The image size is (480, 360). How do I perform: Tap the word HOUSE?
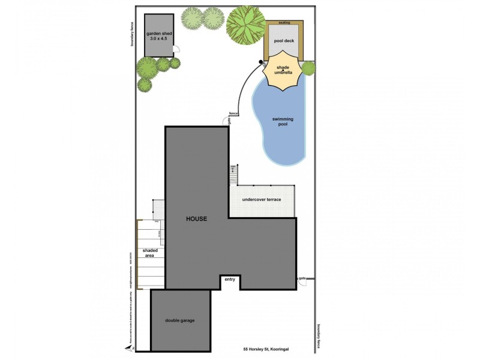[196, 219]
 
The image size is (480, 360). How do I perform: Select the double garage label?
[180, 320]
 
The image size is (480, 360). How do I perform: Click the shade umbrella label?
[283, 70]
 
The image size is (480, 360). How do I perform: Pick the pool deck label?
[284, 41]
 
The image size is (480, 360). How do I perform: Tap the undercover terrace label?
[262, 199]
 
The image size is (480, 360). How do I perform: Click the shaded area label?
[149, 253]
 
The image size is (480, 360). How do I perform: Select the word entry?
[230, 280]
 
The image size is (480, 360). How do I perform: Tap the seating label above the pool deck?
[284, 22]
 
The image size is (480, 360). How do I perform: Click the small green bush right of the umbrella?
[308, 68]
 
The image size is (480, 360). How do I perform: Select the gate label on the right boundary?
[302, 278]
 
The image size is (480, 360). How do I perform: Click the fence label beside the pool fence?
[233, 113]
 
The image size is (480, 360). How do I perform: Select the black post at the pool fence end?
[261, 62]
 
